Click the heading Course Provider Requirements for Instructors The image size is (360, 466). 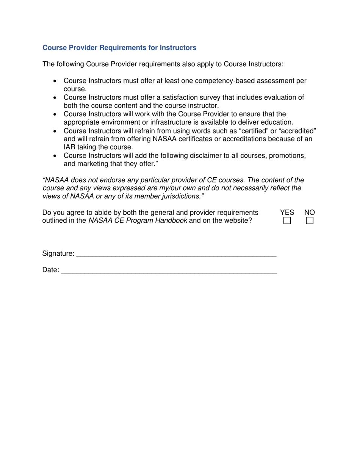119,48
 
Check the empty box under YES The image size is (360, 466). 288,220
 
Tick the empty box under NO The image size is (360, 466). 310,220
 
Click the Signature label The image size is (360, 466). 58,253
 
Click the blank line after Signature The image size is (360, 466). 176,255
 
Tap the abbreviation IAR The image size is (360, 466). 70,147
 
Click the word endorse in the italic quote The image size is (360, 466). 117,180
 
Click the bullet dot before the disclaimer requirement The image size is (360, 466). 56,156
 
